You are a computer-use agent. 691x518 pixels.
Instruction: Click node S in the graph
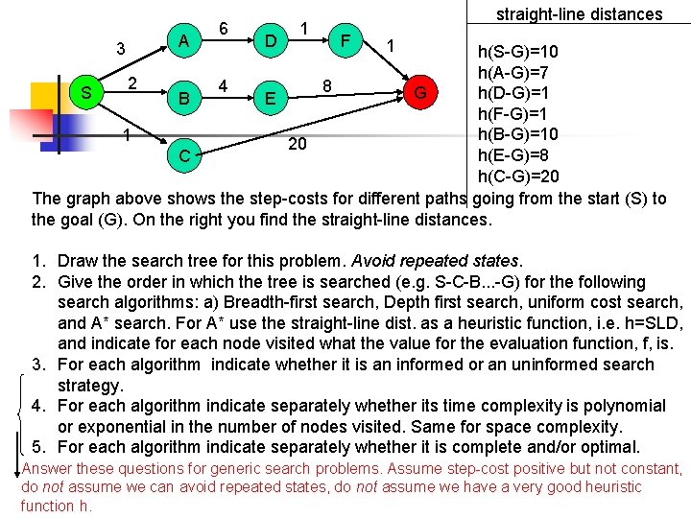86,93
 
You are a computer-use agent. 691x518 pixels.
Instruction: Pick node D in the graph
272,41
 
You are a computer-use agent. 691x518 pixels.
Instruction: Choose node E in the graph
273,98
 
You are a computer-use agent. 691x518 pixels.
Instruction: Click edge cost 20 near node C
298,144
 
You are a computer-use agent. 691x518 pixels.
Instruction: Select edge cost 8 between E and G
327,85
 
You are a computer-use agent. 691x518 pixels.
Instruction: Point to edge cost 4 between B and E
223,84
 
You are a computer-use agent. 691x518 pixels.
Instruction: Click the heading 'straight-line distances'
579,14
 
